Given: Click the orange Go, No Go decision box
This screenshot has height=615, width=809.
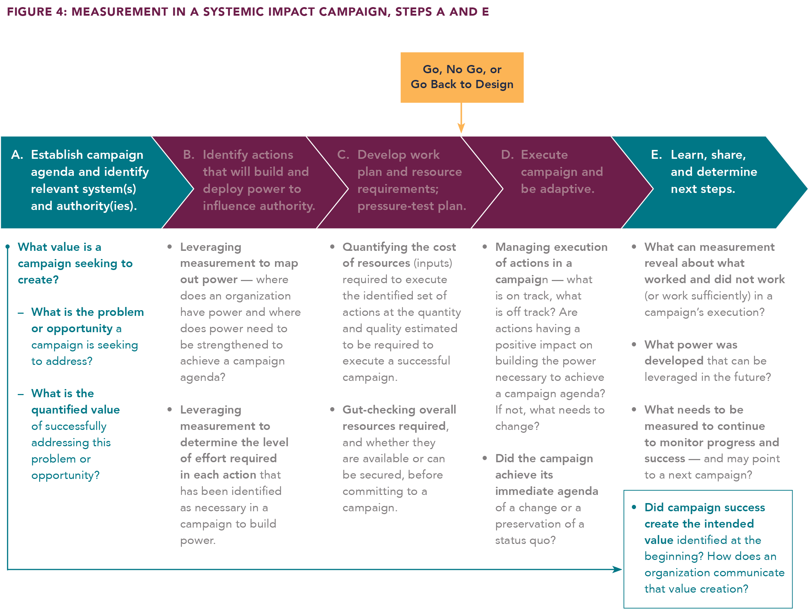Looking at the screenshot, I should (x=462, y=77).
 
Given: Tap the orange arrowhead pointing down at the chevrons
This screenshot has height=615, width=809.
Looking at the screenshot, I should (x=461, y=128).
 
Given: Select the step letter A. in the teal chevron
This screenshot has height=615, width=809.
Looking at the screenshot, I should (x=17, y=155).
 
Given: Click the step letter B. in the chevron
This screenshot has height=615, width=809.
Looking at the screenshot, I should (x=189, y=155).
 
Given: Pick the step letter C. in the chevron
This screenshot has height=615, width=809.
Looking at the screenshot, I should (x=343, y=155).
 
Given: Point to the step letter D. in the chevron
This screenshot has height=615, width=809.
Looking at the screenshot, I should (x=507, y=155).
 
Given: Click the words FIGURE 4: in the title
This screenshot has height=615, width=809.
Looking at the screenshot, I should (x=37, y=12).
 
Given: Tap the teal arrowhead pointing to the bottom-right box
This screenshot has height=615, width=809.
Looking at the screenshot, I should (x=617, y=569).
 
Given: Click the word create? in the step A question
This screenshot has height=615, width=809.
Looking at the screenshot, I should (x=38, y=280).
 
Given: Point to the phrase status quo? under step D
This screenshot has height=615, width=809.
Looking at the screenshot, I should (x=525, y=540).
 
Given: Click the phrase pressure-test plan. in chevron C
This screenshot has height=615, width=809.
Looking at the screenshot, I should (x=411, y=206).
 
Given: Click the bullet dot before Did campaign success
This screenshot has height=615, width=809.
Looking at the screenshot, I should (x=634, y=507).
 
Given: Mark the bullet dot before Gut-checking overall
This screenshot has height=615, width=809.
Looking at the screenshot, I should (x=332, y=409).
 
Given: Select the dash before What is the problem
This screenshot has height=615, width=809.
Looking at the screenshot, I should (x=21, y=313).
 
